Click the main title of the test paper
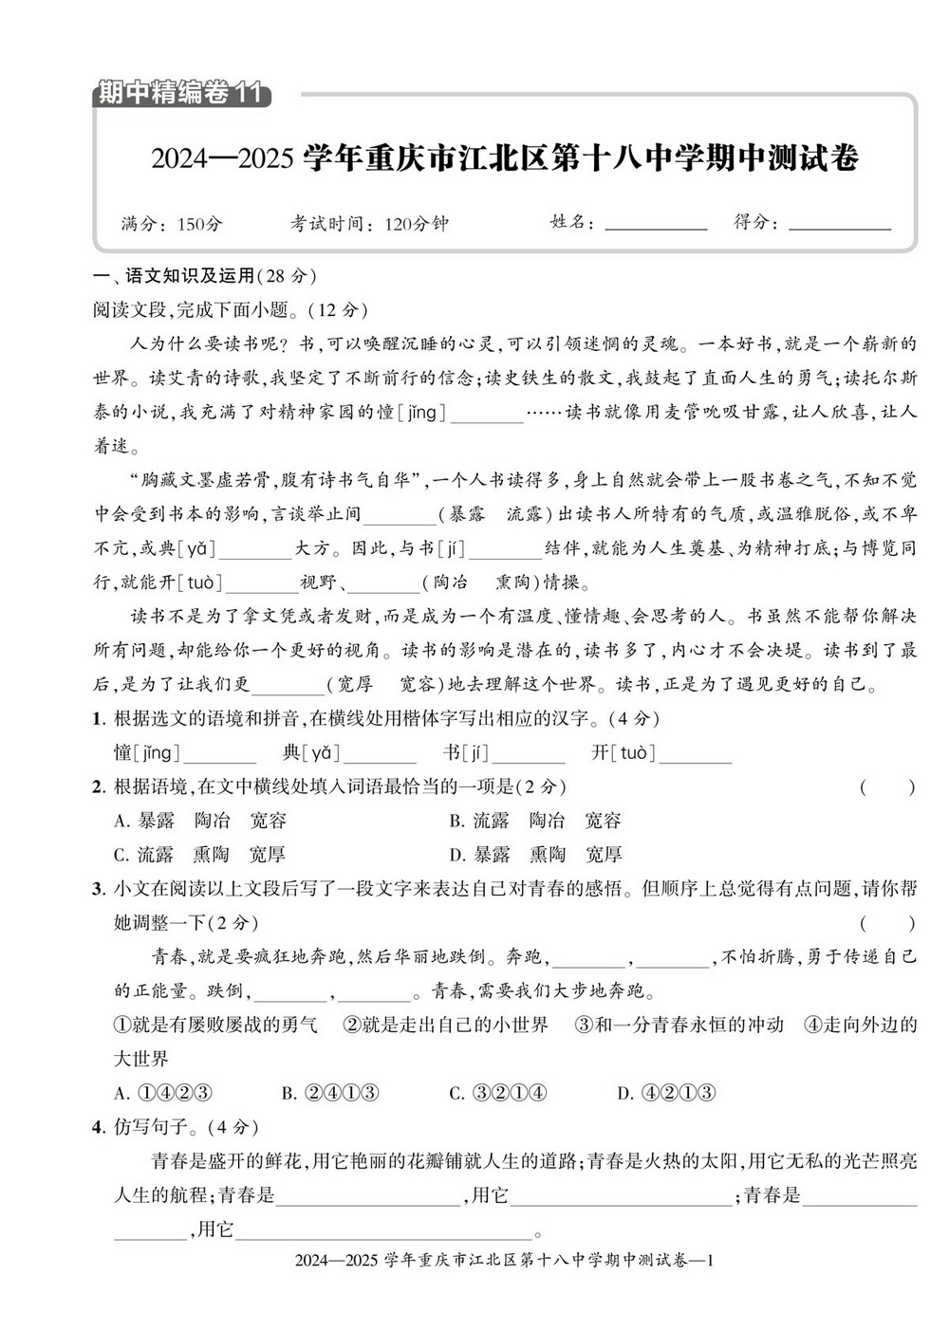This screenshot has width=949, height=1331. (504, 157)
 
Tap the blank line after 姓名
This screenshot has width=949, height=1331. (656, 226)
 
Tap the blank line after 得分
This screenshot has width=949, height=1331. (840, 226)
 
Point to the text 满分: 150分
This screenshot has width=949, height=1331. (172, 224)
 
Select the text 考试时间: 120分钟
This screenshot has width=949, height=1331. (369, 224)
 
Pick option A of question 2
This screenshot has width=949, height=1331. (199, 821)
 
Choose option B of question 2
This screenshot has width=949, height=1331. (535, 821)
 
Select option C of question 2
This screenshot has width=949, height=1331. (199, 855)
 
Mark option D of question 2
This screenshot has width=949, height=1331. (535, 855)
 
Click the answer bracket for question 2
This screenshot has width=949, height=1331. (887, 786)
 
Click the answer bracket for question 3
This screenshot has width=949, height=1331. (887, 923)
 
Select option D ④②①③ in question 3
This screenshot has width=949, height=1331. (666, 1093)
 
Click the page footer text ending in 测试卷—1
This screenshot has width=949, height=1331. (504, 1261)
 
